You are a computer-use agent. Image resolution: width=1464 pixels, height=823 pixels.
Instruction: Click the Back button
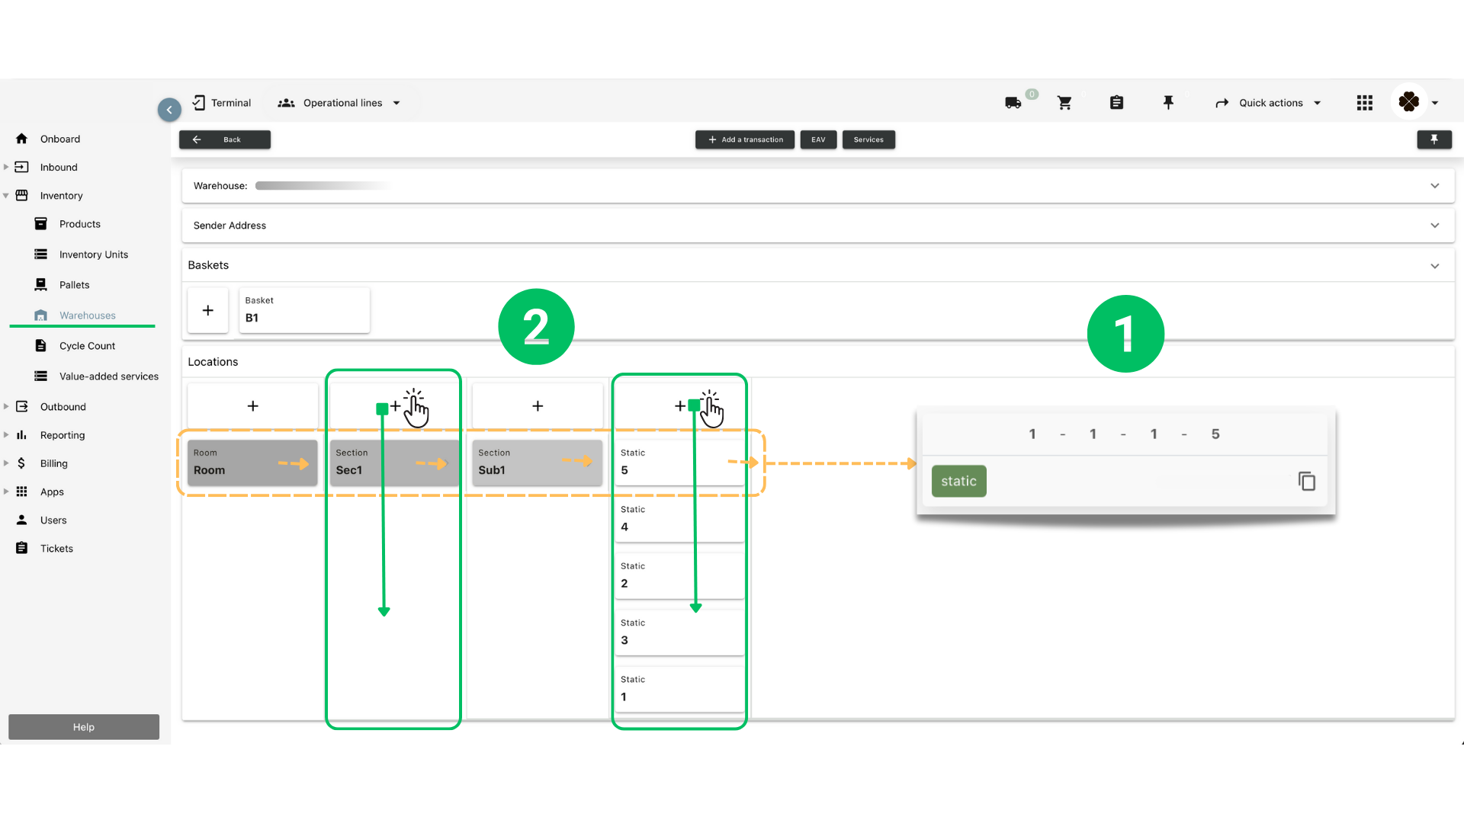(x=224, y=139)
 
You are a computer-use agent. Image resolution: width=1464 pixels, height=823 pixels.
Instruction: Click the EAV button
(x=818, y=139)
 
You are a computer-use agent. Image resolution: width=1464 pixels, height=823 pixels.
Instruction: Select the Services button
(x=868, y=139)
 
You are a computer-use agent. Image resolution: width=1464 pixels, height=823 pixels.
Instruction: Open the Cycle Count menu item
(x=87, y=346)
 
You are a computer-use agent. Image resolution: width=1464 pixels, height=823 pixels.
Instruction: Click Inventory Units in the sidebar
(x=93, y=255)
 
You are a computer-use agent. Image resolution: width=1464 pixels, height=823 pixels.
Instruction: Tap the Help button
(x=84, y=727)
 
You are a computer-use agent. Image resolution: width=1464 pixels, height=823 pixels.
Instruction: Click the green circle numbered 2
(x=536, y=327)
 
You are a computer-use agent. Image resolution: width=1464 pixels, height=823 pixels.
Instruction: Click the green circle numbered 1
(x=1125, y=334)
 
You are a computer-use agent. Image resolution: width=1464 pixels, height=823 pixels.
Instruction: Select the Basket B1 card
(x=304, y=310)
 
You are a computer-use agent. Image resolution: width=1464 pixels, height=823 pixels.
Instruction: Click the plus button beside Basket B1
(x=207, y=310)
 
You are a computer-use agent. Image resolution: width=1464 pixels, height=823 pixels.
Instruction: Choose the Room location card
(x=252, y=463)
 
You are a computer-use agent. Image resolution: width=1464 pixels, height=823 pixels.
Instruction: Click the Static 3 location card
(x=679, y=632)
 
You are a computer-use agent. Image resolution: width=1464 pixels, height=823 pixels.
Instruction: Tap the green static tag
(x=958, y=481)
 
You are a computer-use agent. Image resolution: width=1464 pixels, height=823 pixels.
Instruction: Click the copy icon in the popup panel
(x=1306, y=482)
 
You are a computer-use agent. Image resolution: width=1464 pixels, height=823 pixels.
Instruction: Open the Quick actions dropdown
(x=1269, y=103)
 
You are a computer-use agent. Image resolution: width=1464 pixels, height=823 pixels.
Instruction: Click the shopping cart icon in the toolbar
(x=1064, y=103)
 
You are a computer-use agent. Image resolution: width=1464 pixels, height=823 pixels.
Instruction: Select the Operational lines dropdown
(x=340, y=103)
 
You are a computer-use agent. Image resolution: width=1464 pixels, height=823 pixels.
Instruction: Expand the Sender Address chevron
(x=1434, y=226)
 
